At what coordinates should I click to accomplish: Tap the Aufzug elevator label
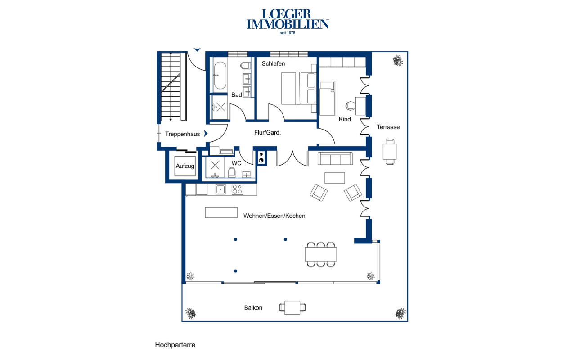[x=185, y=166]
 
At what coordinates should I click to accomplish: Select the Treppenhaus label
[x=183, y=134]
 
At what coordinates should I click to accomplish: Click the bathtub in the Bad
[x=220, y=75]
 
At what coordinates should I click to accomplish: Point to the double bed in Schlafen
[x=299, y=89]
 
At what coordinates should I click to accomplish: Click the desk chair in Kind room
[x=350, y=106]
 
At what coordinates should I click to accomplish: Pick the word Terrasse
[x=388, y=127]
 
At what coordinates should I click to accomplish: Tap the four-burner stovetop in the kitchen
[x=237, y=189]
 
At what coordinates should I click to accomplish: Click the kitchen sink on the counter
[x=220, y=189]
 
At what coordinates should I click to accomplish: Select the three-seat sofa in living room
[x=335, y=158]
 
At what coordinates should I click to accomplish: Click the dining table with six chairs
[x=321, y=254]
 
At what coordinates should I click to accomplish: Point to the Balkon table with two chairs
[x=292, y=307]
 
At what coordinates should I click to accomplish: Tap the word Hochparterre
[x=175, y=345]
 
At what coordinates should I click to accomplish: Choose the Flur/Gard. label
[x=267, y=133]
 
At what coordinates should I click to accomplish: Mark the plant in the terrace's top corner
[x=398, y=61]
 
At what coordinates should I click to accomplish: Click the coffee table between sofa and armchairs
[x=334, y=178]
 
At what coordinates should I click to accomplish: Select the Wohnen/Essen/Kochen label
[x=274, y=216]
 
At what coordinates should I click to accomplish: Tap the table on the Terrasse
[x=390, y=152]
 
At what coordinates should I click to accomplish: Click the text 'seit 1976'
[x=288, y=33]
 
